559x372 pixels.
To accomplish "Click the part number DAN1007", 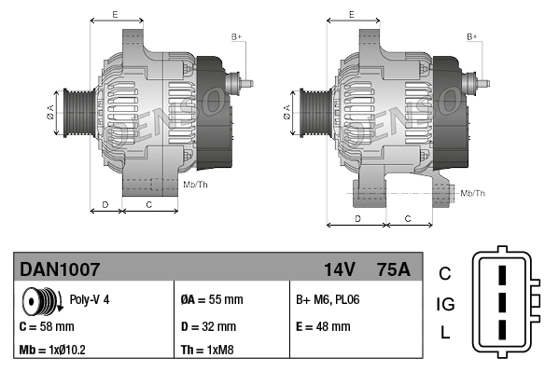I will (60, 269).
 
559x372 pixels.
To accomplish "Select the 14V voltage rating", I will (339, 269).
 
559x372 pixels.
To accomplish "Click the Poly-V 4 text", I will (91, 300).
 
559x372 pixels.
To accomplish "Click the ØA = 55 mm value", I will (211, 300).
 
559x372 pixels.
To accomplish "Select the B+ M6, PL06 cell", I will (327, 300).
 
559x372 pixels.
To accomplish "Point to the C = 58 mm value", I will (47, 326).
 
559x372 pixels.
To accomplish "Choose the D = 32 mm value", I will (208, 326).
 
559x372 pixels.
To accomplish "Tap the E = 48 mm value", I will (323, 326).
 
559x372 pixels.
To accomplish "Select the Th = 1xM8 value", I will (207, 351).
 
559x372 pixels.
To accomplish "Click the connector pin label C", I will (445, 273).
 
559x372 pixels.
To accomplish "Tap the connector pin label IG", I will (445, 303).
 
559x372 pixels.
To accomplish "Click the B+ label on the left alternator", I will (236, 36).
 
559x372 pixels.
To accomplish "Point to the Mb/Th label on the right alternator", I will (473, 193).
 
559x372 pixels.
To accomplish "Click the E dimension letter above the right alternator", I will (351, 15).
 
